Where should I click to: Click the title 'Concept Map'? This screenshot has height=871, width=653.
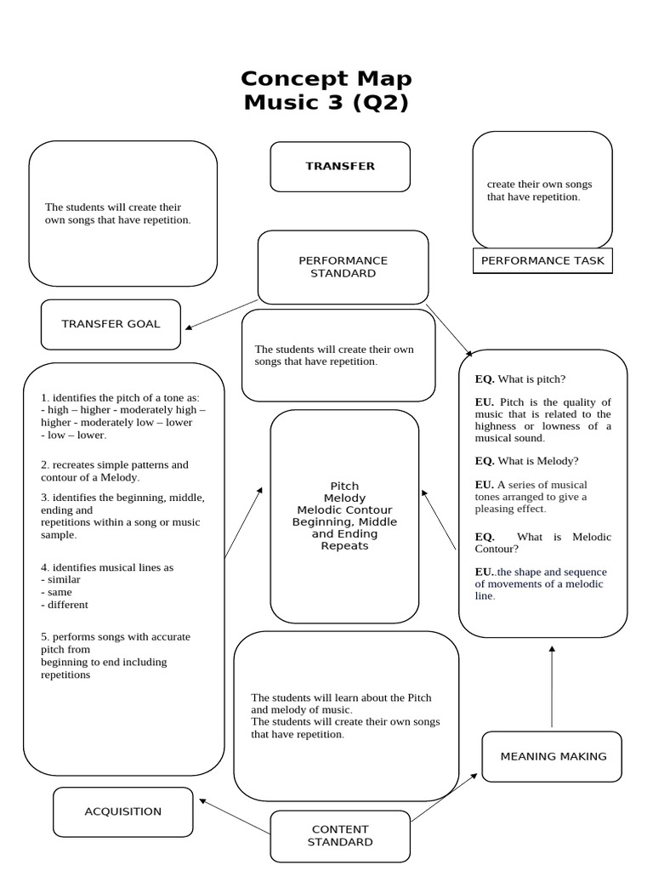(x=326, y=78)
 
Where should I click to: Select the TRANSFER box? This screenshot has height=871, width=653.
(x=340, y=166)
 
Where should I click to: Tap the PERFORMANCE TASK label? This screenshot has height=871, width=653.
(x=542, y=260)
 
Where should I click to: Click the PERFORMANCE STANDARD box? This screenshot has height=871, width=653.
(x=343, y=267)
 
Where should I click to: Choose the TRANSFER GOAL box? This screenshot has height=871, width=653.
(x=111, y=324)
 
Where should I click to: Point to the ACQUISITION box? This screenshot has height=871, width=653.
(x=123, y=811)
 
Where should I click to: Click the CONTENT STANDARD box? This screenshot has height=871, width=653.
(x=340, y=835)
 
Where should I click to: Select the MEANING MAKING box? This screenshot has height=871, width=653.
(x=554, y=756)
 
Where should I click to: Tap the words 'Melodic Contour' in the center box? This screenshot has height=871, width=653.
(x=344, y=510)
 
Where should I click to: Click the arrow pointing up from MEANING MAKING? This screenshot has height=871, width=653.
(x=552, y=686)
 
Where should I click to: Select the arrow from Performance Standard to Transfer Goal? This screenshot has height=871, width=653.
(x=221, y=314)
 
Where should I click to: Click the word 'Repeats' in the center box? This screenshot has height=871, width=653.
(x=344, y=546)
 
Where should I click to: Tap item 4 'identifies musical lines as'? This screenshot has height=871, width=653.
(x=107, y=567)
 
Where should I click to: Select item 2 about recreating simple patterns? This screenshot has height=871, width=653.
(x=115, y=471)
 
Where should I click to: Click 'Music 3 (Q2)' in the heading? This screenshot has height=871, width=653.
(x=326, y=102)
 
